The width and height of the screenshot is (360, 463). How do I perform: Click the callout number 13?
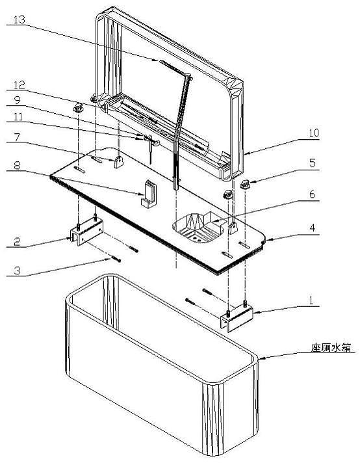click(x=19, y=20)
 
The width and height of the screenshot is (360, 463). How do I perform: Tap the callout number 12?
click(x=19, y=85)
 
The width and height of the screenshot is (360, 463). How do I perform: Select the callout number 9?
click(x=18, y=100)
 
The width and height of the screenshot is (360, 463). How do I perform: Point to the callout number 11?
click(x=18, y=116)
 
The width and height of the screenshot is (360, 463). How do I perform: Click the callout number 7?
click(x=17, y=137)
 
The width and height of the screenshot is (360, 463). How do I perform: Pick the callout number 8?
click(x=17, y=165)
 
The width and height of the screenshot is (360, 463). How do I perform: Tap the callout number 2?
click(x=17, y=241)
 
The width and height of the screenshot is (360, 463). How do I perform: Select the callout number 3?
click(x=17, y=271)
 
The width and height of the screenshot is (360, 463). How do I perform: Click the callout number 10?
click(x=314, y=133)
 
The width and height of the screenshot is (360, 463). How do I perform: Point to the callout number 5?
click(x=313, y=163)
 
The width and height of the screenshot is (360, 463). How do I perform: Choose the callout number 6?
click(x=313, y=194)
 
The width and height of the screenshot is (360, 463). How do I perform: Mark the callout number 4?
click(x=313, y=228)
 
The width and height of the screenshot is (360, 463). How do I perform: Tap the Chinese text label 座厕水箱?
click(x=331, y=347)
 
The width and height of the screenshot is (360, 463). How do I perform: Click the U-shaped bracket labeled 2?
click(x=87, y=232)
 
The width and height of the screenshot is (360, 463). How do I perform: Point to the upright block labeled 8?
click(x=149, y=194)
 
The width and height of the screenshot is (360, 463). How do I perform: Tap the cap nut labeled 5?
click(x=244, y=185)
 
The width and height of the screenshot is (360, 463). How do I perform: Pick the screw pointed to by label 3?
click(x=116, y=259)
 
